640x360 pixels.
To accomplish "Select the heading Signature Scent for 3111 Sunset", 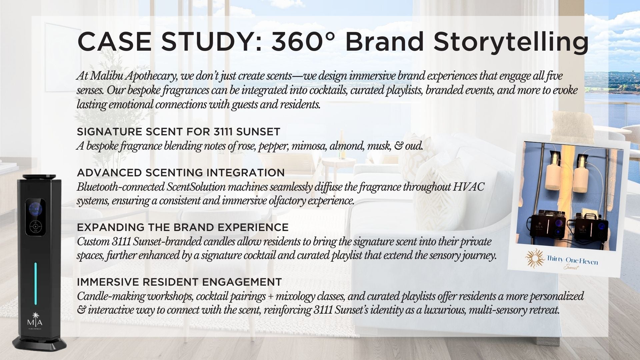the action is coord(178,132).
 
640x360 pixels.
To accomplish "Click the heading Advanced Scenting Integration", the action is coord(181,173).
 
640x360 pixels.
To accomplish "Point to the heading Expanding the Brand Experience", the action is coord(183,227).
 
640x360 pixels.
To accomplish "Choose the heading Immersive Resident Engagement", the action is coord(179,282).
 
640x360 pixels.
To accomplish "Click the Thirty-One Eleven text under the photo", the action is coord(572,260).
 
